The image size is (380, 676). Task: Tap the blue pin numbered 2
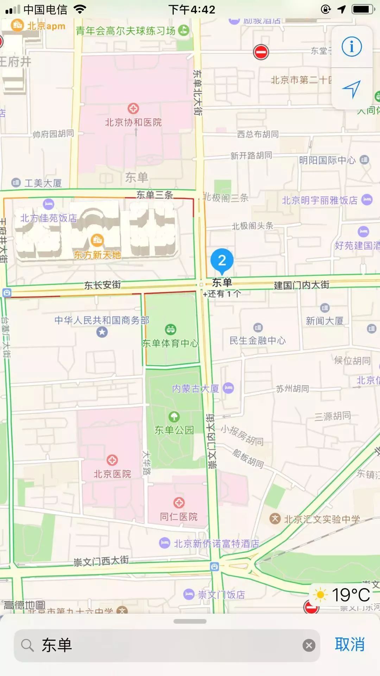click(222, 261)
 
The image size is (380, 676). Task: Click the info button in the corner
click(351, 46)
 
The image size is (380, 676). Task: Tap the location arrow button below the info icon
click(351, 89)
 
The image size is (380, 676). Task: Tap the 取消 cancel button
click(349, 645)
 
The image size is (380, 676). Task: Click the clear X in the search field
click(309, 645)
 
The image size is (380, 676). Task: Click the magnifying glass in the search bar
click(27, 645)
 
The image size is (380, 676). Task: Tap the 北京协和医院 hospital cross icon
click(133, 108)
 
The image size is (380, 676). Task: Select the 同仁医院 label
click(179, 517)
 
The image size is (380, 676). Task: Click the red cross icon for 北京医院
click(112, 460)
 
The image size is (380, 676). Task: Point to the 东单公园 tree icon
click(174, 417)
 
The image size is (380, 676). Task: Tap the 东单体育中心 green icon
click(171, 330)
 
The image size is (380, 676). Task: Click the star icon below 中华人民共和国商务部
click(102, 332)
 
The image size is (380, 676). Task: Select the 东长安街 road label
click(102, 285)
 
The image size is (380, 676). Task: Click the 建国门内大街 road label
click(302, 285)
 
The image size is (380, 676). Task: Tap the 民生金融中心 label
click(258, 340)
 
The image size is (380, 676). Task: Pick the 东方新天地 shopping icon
click(97, 240)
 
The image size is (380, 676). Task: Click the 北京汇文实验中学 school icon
click(275, 519)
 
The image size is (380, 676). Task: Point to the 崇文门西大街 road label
click(101, 561)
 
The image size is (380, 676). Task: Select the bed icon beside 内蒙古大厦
click(228, 388)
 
